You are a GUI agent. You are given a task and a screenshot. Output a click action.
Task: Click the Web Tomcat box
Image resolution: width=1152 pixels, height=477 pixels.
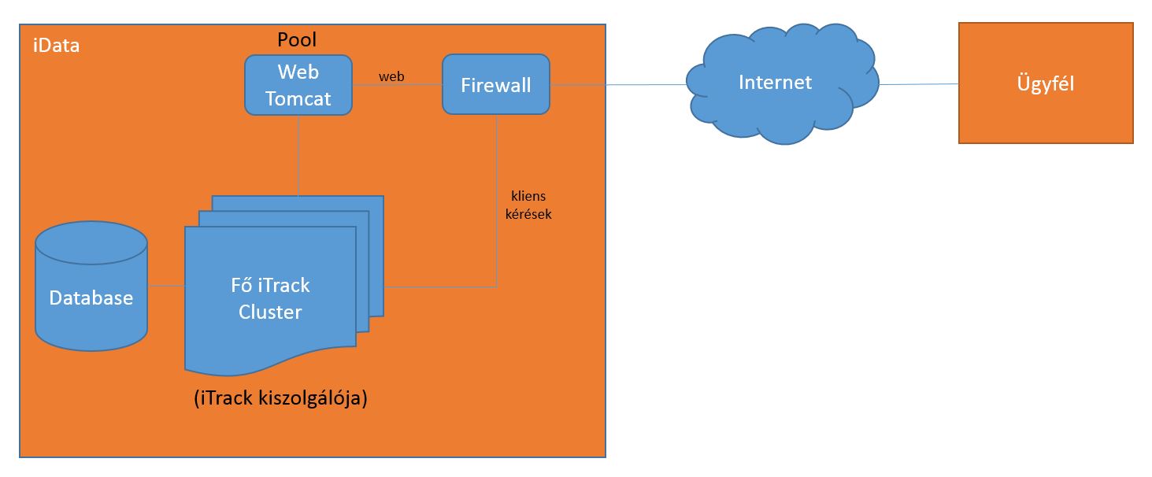(x=298, y=85)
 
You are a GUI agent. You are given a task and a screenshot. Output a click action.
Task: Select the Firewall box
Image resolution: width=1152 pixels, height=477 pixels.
(x=495, y=85)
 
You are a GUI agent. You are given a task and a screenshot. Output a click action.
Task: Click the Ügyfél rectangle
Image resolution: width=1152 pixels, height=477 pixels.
(x=1045, y=83)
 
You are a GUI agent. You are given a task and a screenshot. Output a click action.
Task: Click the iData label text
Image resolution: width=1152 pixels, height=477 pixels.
(x=56, y=46)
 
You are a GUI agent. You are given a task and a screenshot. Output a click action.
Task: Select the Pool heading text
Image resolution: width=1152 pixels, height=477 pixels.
(x=297, y=39)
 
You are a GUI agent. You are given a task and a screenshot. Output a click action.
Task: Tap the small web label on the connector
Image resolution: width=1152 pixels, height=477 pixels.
(x=391, y=76)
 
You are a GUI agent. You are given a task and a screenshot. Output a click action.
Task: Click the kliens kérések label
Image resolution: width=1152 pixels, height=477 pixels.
(x=528, y=204)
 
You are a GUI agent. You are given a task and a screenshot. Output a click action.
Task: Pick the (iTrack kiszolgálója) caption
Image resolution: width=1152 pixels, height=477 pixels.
(x=280, y=398)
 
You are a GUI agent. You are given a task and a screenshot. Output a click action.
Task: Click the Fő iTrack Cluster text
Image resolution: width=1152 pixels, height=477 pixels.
(x=270, y=298)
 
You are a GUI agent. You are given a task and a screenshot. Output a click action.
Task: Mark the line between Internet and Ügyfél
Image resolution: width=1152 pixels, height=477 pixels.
(x=917, y=84)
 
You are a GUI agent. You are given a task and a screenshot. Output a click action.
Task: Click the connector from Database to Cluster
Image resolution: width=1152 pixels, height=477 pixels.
(x=166, y=285)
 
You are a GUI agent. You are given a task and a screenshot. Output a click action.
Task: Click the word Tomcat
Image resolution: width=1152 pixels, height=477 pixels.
(x=298, y=99)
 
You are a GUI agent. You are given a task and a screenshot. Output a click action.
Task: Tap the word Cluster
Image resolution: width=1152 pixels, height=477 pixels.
(x=270, y=312)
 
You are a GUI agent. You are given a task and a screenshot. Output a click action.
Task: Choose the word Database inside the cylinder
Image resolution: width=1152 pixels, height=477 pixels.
(x=91, y=298)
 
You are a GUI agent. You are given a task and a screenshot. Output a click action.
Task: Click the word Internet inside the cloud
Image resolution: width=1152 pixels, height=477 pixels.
(x=775, y=82)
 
